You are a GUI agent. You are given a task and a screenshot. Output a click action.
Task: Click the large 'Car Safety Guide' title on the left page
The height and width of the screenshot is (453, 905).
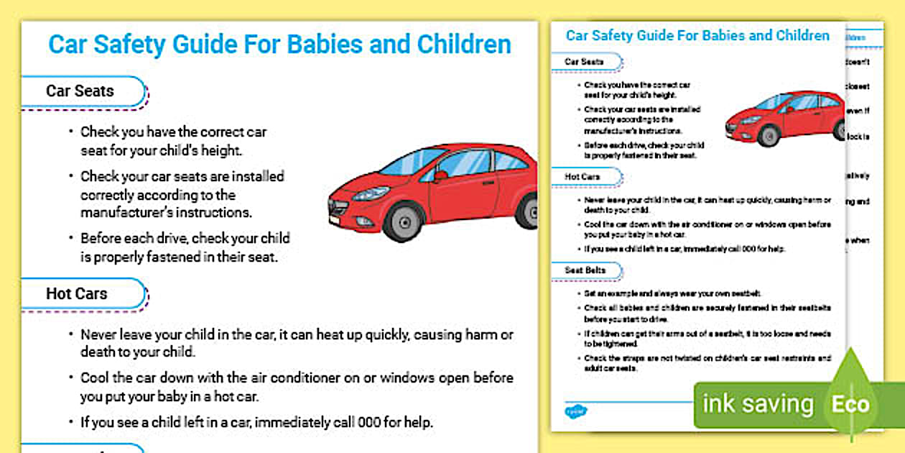[279, 45]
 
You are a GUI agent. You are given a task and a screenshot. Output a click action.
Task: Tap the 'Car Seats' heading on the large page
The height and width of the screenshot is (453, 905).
[80, 91]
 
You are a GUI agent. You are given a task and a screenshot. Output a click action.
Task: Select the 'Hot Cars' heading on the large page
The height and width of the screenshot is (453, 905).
[76, 293]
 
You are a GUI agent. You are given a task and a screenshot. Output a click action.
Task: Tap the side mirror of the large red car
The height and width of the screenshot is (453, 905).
[440, 175]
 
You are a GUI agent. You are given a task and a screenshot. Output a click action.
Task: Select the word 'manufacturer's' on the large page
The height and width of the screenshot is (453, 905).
[126, 213]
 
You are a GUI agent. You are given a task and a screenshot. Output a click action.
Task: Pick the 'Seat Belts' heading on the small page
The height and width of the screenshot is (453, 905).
[585, 270]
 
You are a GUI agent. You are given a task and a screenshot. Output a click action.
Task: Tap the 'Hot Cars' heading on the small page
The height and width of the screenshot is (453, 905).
[583, 176]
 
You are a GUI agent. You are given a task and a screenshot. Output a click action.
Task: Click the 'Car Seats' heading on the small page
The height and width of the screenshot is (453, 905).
[584, 62]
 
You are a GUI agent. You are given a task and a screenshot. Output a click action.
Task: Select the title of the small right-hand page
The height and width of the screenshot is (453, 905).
[697, 36]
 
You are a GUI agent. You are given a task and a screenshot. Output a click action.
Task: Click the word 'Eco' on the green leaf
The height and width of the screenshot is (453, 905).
[850, 404]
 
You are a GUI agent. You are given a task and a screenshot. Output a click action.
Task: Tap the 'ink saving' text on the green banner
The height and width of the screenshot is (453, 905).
[758, 404]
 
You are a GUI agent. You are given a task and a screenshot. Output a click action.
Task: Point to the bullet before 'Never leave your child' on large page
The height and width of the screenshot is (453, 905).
[70, 335]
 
